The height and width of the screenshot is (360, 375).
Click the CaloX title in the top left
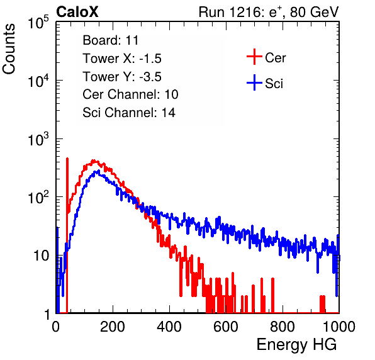point(77,12)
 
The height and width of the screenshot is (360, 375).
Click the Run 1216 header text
point(269,12)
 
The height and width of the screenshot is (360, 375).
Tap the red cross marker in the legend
point(254,57)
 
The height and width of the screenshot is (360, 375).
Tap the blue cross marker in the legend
point(254,82)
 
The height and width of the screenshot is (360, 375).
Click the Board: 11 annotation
point(111,40)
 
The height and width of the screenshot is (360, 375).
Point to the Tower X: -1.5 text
point(122,59)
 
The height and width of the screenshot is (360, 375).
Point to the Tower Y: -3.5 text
point(122,77)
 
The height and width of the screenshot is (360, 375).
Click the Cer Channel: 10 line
point(130,94)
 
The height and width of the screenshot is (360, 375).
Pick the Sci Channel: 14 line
point(129,113)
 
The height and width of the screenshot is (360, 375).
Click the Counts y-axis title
point(9,49)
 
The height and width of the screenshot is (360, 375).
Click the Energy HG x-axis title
point(296,345)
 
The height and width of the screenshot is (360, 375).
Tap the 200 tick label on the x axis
point(113,327)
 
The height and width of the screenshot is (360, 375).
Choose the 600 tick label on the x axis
point(226,327)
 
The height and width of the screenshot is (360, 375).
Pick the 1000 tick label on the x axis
point(339,327)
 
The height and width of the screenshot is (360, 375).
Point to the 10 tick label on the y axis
point(41,256)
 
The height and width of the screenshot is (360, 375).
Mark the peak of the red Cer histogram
point(94,160)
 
